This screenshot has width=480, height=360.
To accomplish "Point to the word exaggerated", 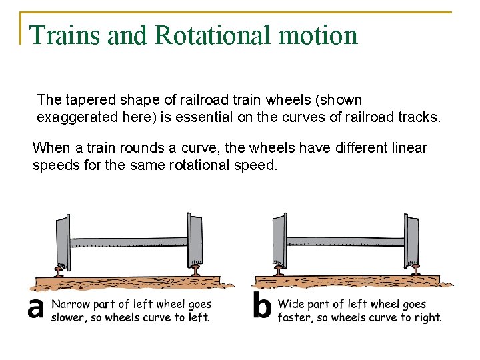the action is [74, 117].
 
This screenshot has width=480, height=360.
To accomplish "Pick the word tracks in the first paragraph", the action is [419, 117].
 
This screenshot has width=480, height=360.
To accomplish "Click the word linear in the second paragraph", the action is [409, 147].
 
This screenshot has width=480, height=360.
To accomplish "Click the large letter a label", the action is [35, 309].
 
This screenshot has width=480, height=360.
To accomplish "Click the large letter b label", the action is [262, 307].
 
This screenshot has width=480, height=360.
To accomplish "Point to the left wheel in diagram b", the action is [279, 240].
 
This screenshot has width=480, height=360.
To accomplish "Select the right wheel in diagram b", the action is [413, 240].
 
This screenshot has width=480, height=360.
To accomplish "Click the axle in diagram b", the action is [345, 241].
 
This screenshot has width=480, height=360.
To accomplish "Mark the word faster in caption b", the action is [293, 317].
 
